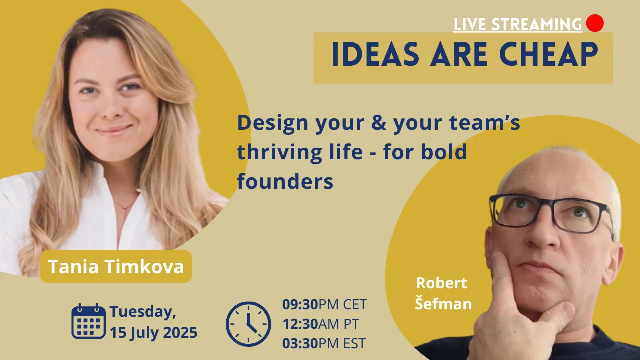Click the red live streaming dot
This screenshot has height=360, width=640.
[595, 23]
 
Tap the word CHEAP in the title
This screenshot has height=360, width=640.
[548, 54]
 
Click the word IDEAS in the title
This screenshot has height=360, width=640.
[375, 54]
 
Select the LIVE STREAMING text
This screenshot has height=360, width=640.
[518, 24]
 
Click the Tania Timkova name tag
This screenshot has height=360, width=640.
[116, 266]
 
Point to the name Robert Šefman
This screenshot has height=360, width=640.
[443, 293]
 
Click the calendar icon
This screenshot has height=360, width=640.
[88, 321]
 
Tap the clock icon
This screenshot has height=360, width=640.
[248, 324]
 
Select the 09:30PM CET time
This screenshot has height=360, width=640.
[324, 304]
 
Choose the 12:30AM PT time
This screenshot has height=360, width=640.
[320, 324]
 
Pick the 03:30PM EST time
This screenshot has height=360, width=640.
[324, 343]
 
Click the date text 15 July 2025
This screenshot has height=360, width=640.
[153, 333]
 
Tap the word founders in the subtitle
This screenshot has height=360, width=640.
[285, 181]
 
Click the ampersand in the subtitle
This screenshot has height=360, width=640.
[379, 123]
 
